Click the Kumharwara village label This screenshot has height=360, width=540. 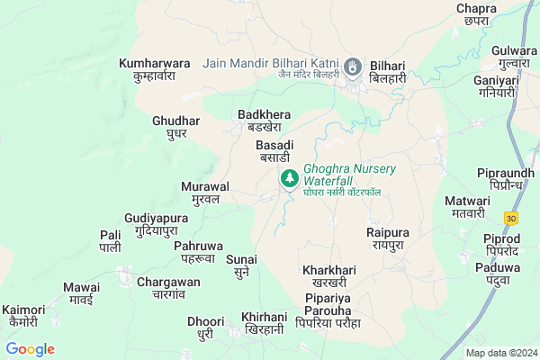[x=155, y=69]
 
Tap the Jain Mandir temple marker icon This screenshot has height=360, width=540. [x=354, y=67]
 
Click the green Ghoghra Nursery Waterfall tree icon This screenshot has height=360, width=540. [x=289, y=178]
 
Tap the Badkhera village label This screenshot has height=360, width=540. [x=264, y=121]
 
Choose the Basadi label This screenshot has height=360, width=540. [x=274, y=150]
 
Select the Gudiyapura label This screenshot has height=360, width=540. [x=157, y=224]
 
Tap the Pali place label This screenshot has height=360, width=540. [x=110, y=240]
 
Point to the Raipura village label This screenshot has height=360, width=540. [x=388, y=238]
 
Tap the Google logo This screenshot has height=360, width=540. [x=31, y=349]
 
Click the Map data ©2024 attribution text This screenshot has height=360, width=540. [x=500, y=352]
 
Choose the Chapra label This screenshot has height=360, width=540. [x=476, y=13]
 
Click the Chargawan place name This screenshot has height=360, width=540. [x=169, y=287]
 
